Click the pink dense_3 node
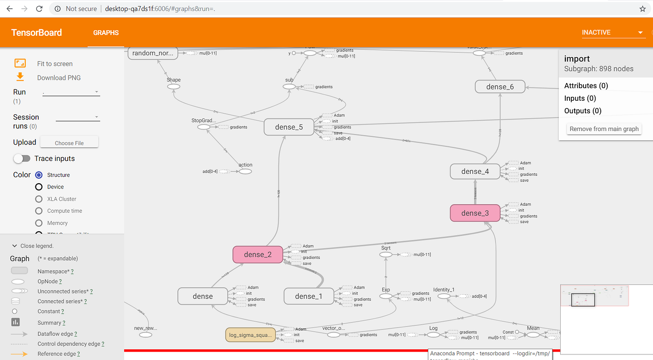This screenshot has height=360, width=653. tap(475, 213)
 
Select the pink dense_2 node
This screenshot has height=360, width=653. tap(257, 255)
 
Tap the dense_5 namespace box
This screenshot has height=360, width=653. tap(289, 127)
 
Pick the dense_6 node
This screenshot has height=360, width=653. tap(500, 87)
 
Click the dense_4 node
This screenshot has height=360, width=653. tap(475, 171)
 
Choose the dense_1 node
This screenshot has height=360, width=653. tap(309, 296)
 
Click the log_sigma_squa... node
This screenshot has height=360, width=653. tap(250, 335)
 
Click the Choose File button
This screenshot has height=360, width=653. tap(69, 143)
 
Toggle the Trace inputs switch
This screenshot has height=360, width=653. tap(22, 159)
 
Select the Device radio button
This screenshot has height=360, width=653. tap(39, 187)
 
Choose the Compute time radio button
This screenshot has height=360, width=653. tap(39, 211)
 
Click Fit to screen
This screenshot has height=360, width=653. tap(55, 64)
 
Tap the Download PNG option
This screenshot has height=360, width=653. tap(59, 78)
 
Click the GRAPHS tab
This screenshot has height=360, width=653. tap(106, 33)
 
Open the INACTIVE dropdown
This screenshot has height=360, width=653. tap(612, 33)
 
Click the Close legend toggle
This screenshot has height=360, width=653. tap(33, 246)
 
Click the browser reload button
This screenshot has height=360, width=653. tap(40, 9)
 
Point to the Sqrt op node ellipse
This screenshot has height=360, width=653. tap(386, 255)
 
